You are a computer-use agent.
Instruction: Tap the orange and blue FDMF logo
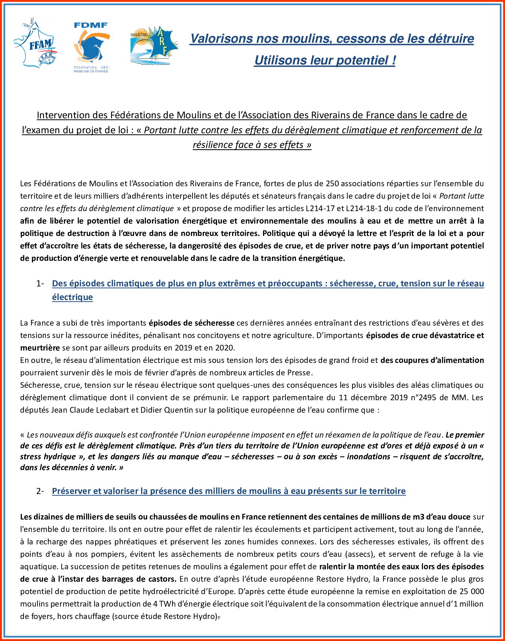91,47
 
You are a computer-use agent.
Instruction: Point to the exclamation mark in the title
394,60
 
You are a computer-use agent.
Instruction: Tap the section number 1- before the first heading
40,284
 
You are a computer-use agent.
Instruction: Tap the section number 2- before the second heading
40,491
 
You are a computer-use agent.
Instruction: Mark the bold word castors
162,579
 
